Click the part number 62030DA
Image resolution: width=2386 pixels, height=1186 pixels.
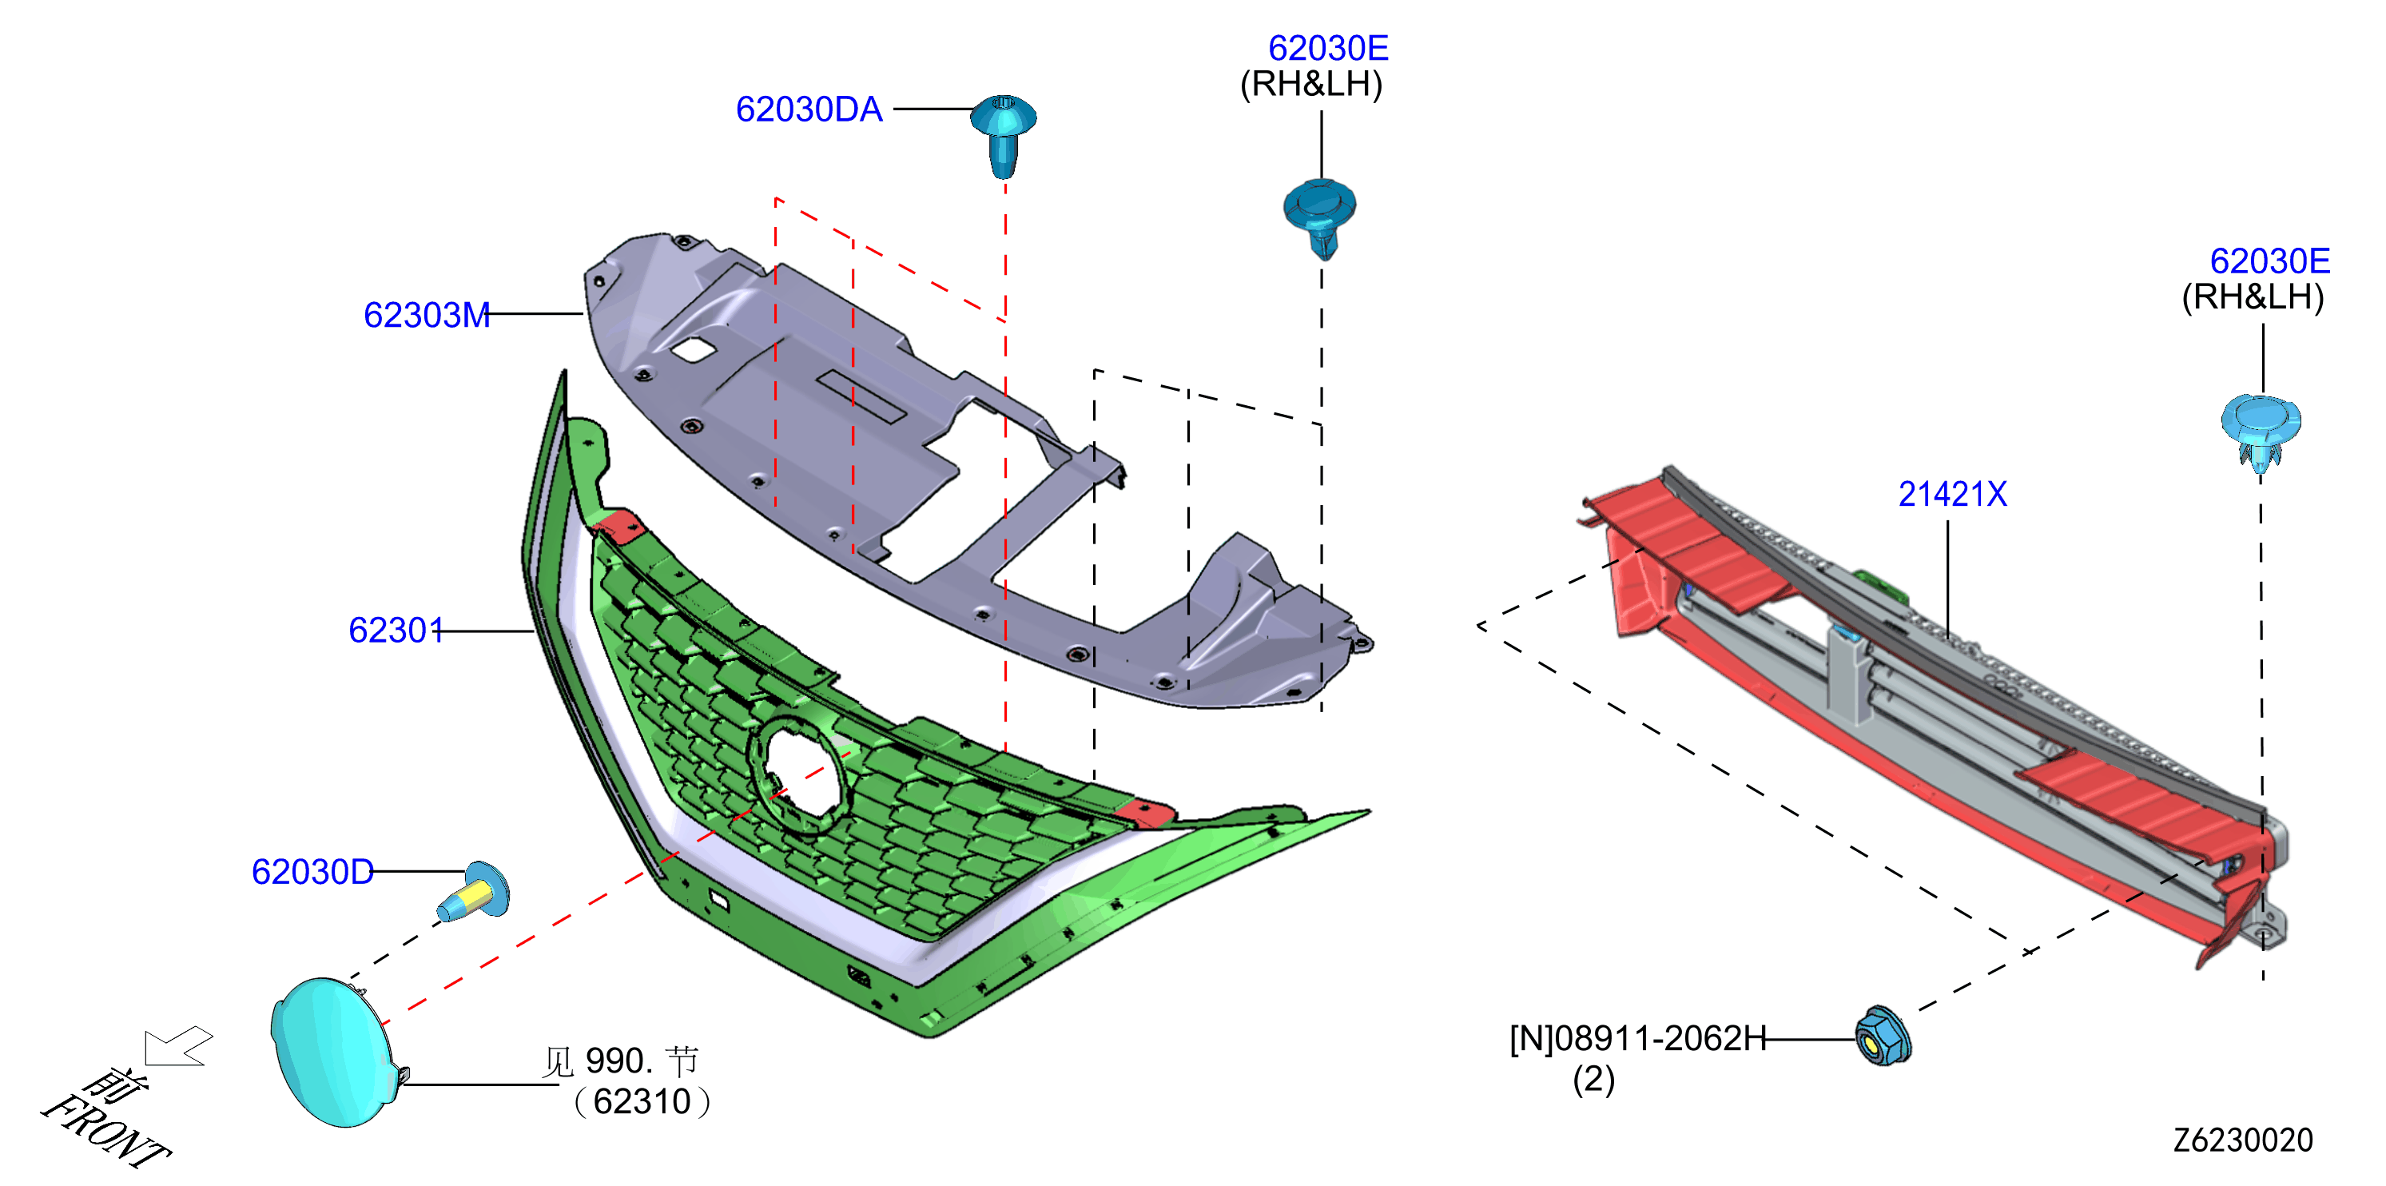click(x=809, y=109)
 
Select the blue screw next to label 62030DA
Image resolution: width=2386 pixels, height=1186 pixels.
click(x=1003, y=135)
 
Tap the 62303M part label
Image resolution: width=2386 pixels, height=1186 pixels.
click(x=426, y=315)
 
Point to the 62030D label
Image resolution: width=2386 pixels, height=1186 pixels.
click(x=312, y=872)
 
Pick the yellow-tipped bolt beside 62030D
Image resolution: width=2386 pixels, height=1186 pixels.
click(x=473, y=892)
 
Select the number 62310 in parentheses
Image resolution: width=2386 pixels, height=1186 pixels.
click(x=642, y=1101)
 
